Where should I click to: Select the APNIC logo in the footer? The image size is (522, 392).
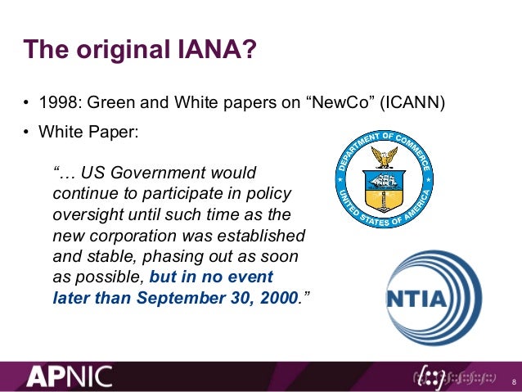[70, 376]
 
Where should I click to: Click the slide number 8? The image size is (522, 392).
[512, 381]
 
